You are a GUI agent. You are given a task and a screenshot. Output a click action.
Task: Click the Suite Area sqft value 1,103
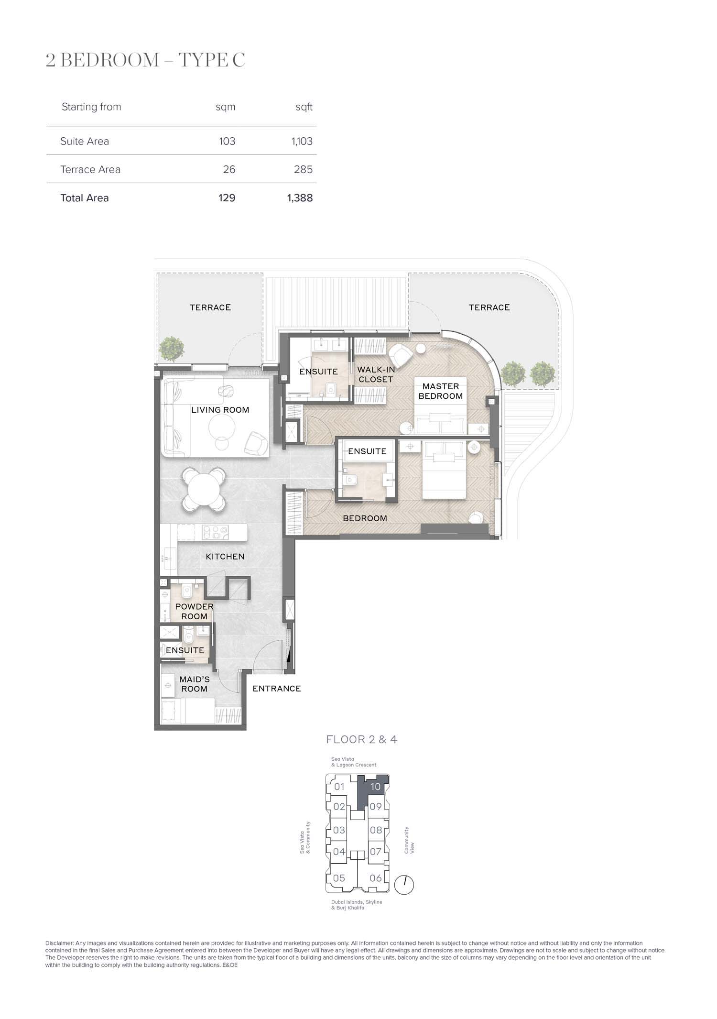pos(302,141)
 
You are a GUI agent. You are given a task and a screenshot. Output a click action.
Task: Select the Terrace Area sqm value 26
pos(229,169)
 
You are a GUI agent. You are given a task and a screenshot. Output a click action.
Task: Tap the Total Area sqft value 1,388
pos(300,198)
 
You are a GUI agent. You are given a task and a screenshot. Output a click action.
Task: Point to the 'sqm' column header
pos(226,107)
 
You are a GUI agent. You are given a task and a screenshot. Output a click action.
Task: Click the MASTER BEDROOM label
pos(441,391)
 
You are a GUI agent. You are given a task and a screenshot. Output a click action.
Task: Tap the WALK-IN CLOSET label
pos(376,374)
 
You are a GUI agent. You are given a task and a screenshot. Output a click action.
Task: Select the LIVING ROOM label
pos(220,410)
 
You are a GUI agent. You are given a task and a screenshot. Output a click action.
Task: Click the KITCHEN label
pos(225,557)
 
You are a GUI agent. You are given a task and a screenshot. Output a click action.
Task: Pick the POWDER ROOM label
pos(194,612)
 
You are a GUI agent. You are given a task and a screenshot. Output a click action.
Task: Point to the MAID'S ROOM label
pos(194,684)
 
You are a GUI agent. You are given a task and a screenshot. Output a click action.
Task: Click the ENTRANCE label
pos(277,689)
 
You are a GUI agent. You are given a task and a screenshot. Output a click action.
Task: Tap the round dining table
pos(204,489)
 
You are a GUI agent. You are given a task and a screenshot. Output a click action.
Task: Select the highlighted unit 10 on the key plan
pos(375,787)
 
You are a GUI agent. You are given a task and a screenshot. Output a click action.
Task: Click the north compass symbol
pos(404,885)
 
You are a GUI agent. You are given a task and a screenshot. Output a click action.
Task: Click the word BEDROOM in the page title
pos(110,60)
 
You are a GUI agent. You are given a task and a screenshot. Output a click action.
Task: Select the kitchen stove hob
pos(212,533)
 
